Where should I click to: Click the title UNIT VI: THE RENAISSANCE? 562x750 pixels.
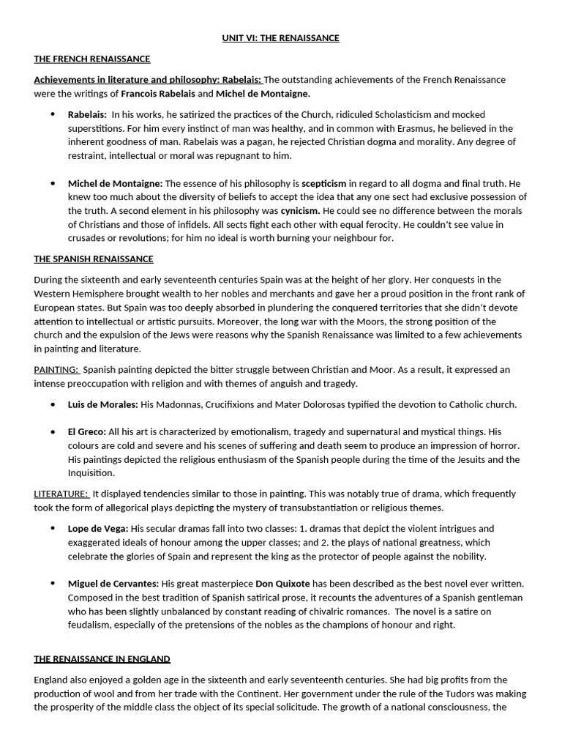click(281, 38)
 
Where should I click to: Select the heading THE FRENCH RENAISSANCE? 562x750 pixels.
click(91, 59)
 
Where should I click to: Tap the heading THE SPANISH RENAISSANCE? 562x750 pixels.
click(94, 259)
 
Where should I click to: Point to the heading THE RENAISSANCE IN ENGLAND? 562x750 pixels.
click(102, 659)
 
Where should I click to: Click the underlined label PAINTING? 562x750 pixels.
click(56, 370)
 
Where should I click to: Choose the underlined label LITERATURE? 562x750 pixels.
click(61, 494)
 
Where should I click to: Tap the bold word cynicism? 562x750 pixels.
click(301, 211)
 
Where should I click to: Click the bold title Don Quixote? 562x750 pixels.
click(282, 584)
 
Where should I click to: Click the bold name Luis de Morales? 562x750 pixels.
click(102, 404)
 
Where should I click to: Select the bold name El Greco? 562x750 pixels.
click(87, 432)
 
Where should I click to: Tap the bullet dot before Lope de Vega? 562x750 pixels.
click(53, 528)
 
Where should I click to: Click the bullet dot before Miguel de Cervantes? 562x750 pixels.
click(53, 584)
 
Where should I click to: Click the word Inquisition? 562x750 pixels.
click(93, 473)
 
